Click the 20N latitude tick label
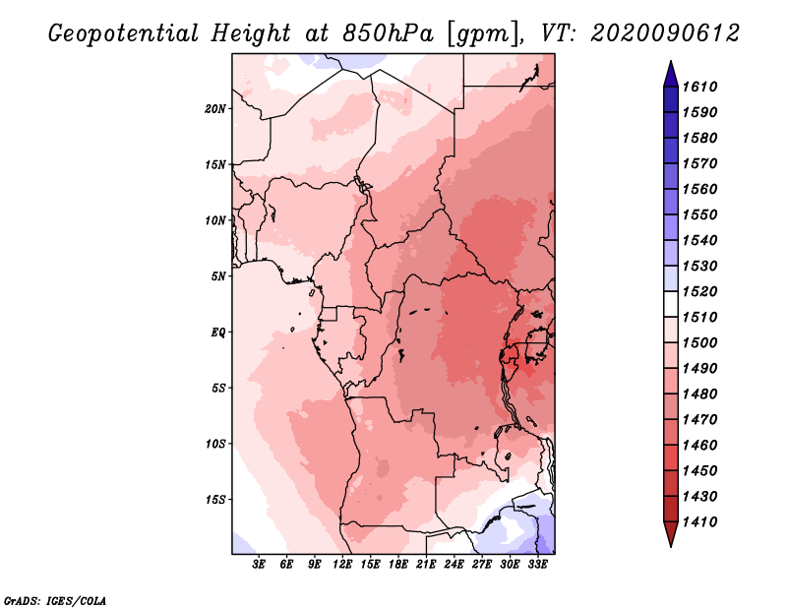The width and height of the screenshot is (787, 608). [215, 109]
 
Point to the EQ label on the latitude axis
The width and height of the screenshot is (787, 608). [218, 333]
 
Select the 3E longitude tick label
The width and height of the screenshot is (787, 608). [259, 565]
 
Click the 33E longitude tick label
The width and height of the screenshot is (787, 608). [537, 565]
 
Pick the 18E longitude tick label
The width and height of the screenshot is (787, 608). [398, 565]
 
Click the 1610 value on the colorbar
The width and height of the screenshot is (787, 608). [700, 87]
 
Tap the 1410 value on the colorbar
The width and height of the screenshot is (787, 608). [700, 522]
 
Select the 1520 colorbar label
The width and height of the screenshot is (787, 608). [700, 291]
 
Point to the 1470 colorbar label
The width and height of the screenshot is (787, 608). [700, 420]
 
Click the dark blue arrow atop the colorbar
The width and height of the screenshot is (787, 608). [671, 75]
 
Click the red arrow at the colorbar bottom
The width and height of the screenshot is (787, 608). [671, 534]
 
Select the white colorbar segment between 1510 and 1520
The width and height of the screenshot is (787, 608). [671, 304]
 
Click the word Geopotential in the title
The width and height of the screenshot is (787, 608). [124, 34]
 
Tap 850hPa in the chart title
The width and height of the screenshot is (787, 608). [388, 33]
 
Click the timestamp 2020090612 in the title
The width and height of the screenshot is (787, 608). [665, 33]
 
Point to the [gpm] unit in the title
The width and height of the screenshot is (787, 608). [482, 34]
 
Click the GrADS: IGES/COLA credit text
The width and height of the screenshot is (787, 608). [55, 601]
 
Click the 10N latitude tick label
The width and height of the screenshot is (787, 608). [215, 220]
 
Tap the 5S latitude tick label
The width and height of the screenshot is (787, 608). [218, 388]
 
